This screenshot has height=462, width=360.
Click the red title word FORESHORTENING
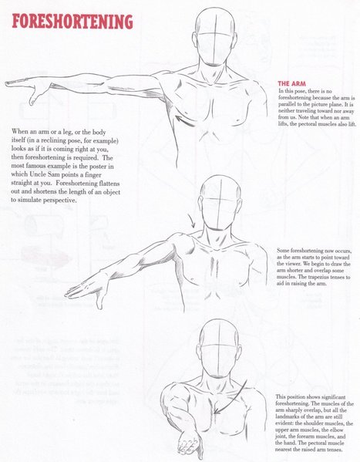(x=72, y=22)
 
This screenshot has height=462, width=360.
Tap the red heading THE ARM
(x=291, y=83)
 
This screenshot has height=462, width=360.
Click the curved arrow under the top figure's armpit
(x=185, y=121)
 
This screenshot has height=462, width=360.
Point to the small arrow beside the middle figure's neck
(x=191, y=221)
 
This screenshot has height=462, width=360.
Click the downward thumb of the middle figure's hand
(x=99, y=301)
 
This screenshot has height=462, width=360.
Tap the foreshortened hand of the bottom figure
(x=190, y=443)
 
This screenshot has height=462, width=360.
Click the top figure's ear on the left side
(x=194, y=40)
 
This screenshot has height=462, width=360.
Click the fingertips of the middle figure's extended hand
(x=69, y=294)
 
